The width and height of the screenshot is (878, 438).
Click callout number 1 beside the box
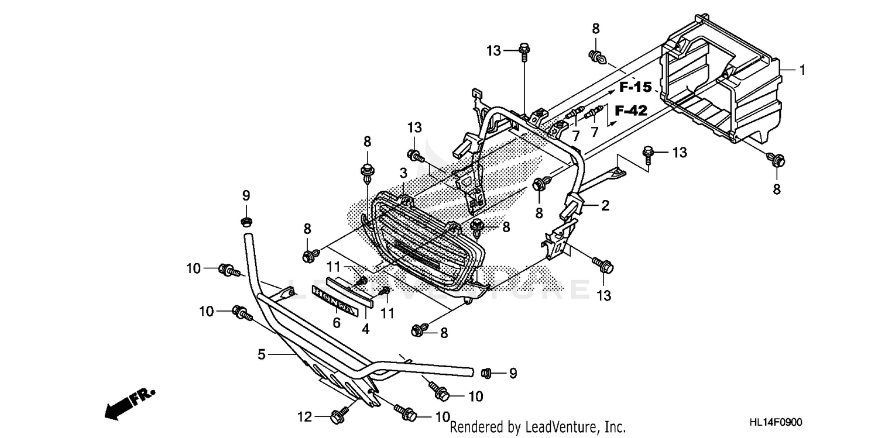pos(802,71)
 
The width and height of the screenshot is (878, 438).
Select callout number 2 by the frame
pos(605,205)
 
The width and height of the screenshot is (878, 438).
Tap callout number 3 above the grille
pos(403,174)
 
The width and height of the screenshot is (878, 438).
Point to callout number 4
pos(365,329)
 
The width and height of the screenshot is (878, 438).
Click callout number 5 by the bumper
pos(262,354)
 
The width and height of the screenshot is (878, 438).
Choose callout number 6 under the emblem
pos(337,322)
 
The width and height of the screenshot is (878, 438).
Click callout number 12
pos(304,417)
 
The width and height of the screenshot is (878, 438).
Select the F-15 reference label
pos(636,88)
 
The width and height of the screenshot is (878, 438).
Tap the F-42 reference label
pos(632,110)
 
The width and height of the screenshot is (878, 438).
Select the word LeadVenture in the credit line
pos(553,427)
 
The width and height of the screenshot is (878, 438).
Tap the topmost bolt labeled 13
pos(524,51)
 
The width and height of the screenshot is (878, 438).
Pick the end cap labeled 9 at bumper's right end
pos(485,372)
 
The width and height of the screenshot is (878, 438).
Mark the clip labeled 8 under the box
pos(778,159)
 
